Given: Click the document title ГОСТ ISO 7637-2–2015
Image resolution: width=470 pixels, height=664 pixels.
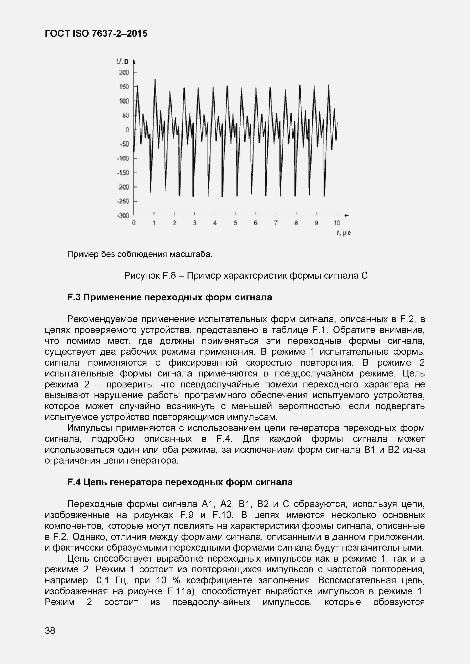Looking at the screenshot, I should pyautogui.click(x=96, y=34).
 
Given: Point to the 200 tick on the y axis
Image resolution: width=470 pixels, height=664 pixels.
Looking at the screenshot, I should pyautogui.click(x=124, y=72).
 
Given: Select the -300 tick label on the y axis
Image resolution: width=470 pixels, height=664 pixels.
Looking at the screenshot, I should pyautogui.click(x=123, y=215).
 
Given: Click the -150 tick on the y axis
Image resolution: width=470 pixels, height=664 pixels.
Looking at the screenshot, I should pyautogui.click(x=123, y=173).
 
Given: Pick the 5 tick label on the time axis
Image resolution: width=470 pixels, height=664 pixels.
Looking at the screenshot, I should pyautogui.click(x=235, y=223).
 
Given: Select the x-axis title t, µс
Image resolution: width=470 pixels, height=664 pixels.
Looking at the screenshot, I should pyautogui.click(x=343, y=233).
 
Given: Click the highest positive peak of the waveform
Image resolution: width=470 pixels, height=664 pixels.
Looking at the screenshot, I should pyautogui.click(x=155, y=80).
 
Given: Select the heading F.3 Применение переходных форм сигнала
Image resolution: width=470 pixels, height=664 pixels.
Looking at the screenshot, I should pyautogui.click(x=169, y=297).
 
